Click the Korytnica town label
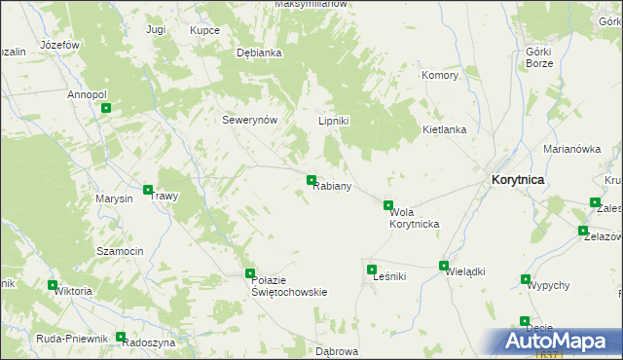(x=518, y=180)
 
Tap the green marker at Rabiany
(x=311, y=180)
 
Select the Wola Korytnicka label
(x=414, y=218)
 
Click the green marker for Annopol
(x=104, y=109)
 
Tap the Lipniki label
(x=334, y=121)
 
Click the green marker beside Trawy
(x=148, y=191)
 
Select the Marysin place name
(x=114, y=198)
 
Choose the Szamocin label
(x=120, y=251)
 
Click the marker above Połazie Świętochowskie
(x=250, y=273)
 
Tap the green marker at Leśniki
(x=371, y=270)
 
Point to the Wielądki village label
(x=464, y=273)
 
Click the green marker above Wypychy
(x=527, y=279)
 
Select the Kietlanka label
(x=444, y=129)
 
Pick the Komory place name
(x=439, y=75)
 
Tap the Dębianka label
(x=259, y=54)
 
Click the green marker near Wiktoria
(x=52, y=285)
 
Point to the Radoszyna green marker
(x=121, y=338)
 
